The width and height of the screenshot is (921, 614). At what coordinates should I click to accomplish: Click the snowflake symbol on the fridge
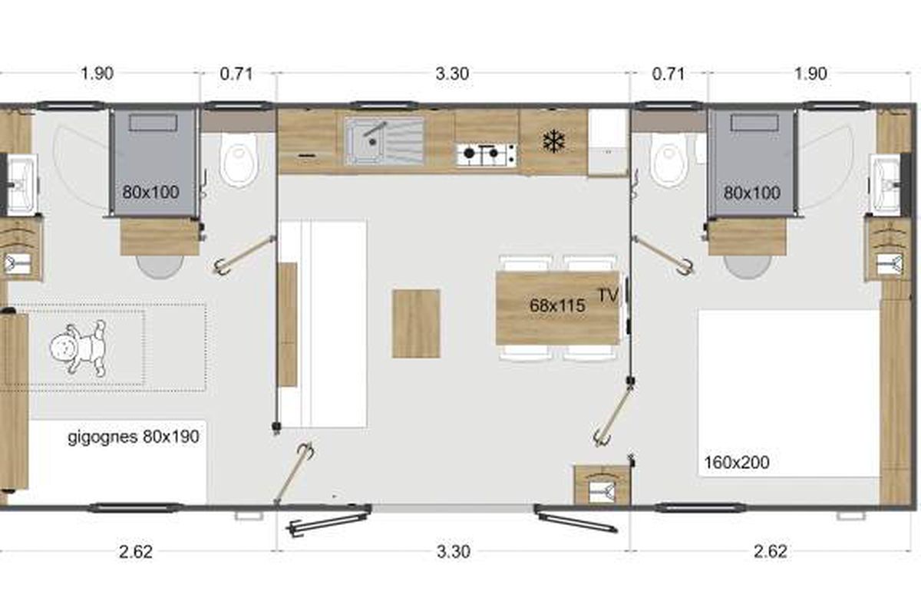pyautogui.click(x=553, y=141)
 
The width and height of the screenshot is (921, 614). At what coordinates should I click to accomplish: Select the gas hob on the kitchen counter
pyautogui.click(x=487, y=154)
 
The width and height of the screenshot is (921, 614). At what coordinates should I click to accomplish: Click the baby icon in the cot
pyautogui.click(x=78, y=348)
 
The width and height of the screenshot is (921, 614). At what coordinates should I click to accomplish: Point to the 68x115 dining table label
pyautogui.click(x=557, y=305)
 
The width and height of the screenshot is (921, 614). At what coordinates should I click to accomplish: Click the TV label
pyautogui.click(x=608, y=295)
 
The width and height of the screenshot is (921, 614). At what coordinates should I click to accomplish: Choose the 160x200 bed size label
pyautogui.click(x=737, y=462)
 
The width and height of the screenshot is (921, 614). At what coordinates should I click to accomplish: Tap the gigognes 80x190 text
pyautogui.click(x=134, y=437)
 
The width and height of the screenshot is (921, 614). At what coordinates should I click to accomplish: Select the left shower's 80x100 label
pyautogui.click(x=150, y=192)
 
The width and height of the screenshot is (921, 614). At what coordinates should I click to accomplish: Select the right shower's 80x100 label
pyautogui.click(x=751, y=193)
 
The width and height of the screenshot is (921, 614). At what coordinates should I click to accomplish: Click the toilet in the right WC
pyautogui.click(x=669, y=160)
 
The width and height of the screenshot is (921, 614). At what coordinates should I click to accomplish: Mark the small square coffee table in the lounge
pyautogui.click(x=416, y=323)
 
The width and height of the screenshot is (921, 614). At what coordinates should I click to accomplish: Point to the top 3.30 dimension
pyautogui.click(x=452, y=74)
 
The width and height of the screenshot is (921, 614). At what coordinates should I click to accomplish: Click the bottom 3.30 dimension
pyautogui.click(x=453, y=552)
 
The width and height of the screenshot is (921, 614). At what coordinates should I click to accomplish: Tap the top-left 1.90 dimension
pyautogui.click(x=97, y=74)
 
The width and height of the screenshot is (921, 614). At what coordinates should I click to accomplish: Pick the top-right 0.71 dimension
pyautogui.click(x=668, y=74)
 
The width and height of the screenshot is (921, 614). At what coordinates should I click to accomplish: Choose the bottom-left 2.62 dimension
pyautogui.click(x=136, y=552)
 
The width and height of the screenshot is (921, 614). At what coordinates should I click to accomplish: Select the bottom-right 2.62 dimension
pyautogui.click(x=771, y=552)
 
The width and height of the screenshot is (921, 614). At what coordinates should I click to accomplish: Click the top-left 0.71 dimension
pyautogui.click(x=236, y=74)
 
